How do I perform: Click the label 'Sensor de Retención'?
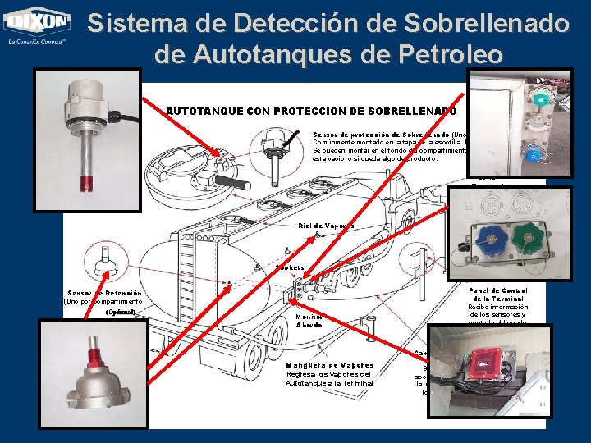[105, 293]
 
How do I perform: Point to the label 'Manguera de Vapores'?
[330, 365]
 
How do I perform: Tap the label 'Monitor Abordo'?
[309, 320]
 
